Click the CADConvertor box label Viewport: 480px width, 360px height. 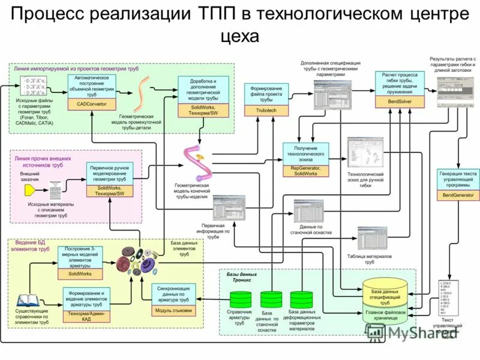(x=91, y=103)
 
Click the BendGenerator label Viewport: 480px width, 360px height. (x=458, y=195)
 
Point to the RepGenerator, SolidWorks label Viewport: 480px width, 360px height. (x=306, y=170)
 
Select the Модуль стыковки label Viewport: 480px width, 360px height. (x=173, y=310)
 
